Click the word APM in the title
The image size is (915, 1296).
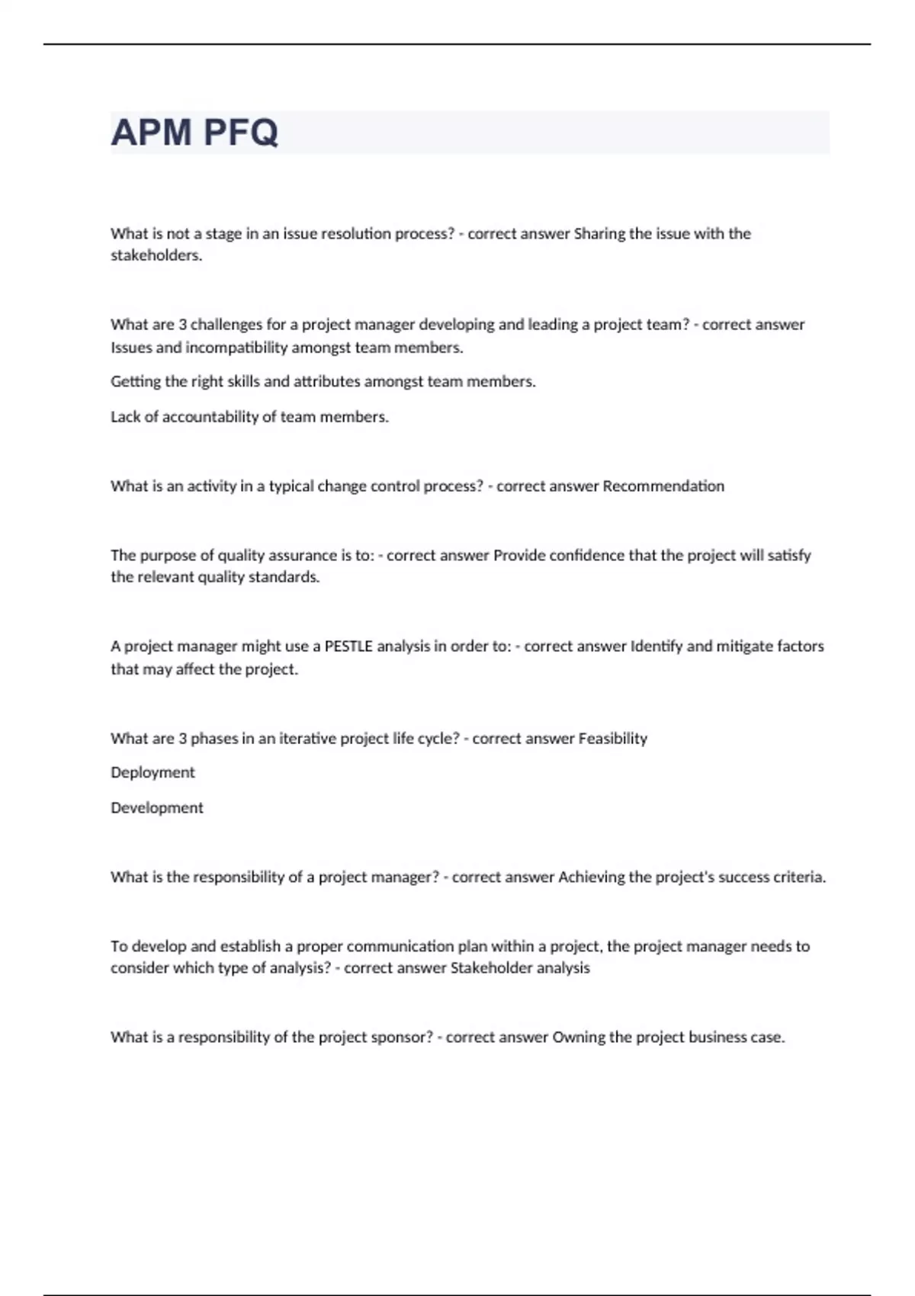(151, 133)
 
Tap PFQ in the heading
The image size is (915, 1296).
(241, 133)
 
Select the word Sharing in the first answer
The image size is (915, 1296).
(599, 233)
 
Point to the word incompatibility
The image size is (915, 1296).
(236, 348)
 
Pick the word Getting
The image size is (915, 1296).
(134, 382)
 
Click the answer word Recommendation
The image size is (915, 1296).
(663, 486)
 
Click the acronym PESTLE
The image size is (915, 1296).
(348, 646)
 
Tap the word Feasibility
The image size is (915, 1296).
(613, 739)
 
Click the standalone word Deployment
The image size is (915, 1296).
(152, 773)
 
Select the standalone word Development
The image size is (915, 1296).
(157, 808)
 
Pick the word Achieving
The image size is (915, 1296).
(592, 877)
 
